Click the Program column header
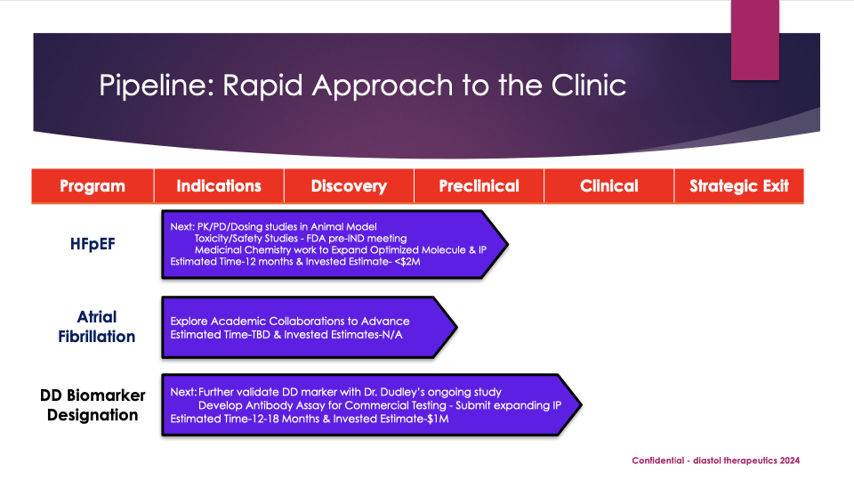coord(93,186)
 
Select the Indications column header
coord(219,186)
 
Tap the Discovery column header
coord(349,186)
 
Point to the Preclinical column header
coord(479,186)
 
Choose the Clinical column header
coord(608,186)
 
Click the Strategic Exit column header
coord(739,186)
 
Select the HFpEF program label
coord(93,242)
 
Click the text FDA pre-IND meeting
coord(363,238)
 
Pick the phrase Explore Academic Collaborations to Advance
coord(290,321)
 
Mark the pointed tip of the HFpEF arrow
coord(507,244)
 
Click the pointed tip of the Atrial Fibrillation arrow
coord(456,327)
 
